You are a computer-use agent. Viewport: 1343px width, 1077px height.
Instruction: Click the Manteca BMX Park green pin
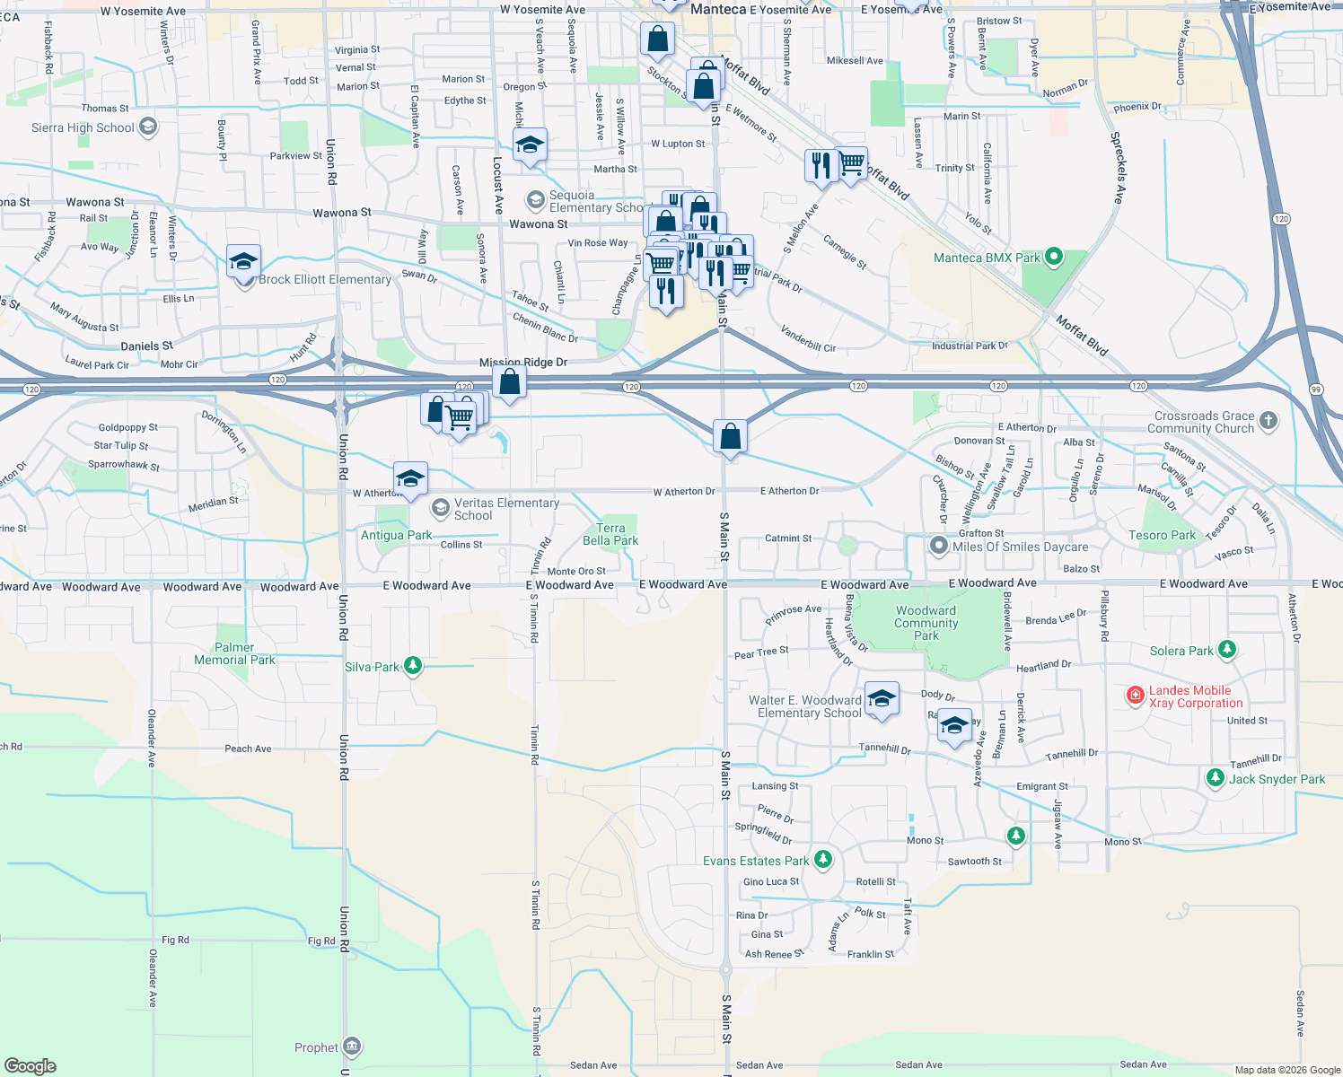1054,258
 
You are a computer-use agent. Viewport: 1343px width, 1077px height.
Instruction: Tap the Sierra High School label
83,127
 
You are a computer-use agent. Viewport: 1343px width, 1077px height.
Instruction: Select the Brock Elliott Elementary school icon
243,263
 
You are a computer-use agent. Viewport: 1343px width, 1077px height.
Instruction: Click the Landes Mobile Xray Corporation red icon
1136,696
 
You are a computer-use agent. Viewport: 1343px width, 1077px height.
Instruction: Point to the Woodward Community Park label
926,623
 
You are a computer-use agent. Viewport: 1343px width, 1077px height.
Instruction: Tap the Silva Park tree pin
412,666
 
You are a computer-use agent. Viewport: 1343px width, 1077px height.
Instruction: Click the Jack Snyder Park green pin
1215,778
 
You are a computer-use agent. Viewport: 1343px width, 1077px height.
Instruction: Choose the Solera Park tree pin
1227,650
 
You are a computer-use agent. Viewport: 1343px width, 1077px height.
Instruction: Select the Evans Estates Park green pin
822,860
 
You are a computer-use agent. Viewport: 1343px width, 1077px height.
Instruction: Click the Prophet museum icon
352,1046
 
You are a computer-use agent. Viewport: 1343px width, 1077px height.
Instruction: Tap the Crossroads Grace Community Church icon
1268,420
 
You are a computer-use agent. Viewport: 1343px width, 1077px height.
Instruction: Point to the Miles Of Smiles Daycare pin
938,546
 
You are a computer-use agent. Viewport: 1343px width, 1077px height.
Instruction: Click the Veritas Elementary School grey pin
440,509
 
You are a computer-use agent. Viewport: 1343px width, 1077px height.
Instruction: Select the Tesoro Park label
1162,535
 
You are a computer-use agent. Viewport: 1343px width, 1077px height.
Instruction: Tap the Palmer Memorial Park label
234,653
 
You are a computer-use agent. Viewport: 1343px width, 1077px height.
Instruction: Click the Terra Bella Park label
610,534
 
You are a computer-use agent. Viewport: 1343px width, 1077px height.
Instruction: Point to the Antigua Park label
396,535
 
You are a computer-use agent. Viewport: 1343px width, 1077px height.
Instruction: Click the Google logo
31,1065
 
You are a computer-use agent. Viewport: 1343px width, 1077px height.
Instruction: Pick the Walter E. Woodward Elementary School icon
881,698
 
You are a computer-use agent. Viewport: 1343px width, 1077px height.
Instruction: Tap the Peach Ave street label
248,749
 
